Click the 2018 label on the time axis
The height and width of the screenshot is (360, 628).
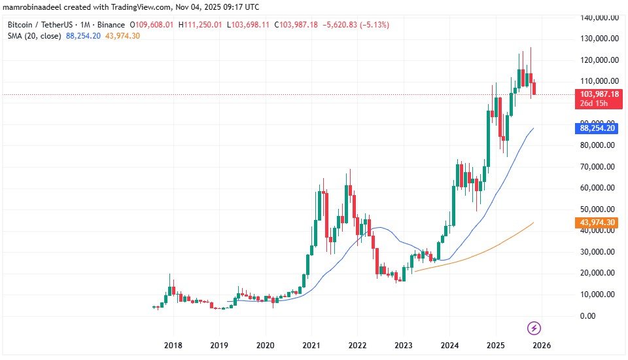tap(173, 345)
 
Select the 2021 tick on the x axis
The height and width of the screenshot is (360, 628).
tap(311, 345)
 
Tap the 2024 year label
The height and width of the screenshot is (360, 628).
tap(449, 345)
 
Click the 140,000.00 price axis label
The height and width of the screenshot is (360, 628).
tap(597, 17)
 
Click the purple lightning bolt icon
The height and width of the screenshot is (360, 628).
tap(534, 327)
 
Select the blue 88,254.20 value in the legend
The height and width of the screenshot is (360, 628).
tap(83, 35)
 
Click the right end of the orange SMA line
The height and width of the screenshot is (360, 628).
tap(534, 223)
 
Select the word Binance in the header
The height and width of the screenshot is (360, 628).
tap(112, 24)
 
